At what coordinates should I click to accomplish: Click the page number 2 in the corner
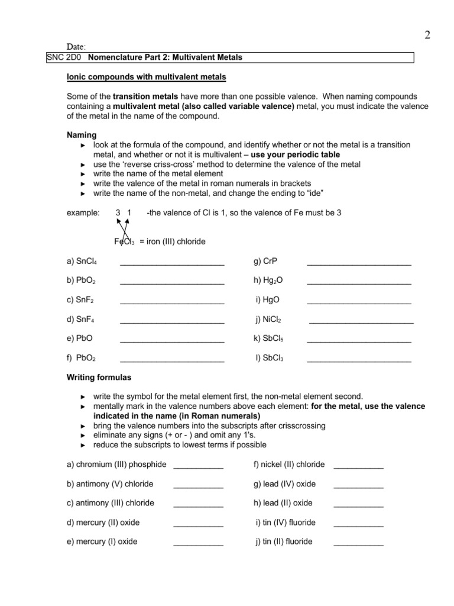click(x=427, y=36)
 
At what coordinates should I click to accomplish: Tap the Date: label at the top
click(x=76, y=46)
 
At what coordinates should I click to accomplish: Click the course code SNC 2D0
click(x=61, y=57)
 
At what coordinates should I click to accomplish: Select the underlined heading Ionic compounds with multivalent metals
click(x=146, y=78)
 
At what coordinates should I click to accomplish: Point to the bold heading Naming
click(x=82, y=135)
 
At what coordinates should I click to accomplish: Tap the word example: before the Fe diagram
click(x=83, y=212)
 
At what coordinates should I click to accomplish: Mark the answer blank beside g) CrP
click(x=359, y=263)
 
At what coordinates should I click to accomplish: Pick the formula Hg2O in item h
click(x=268, y=281)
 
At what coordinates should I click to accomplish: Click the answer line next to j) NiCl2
click(x=361, y=321)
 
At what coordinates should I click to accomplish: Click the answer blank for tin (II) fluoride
click(x=358, y=543)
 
